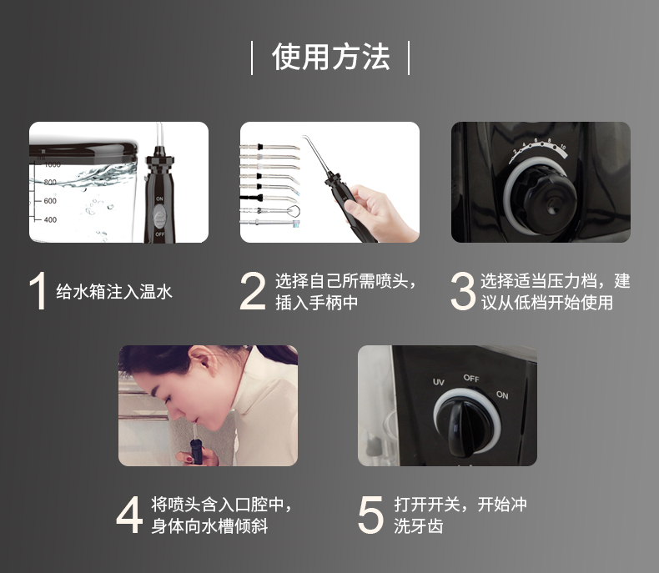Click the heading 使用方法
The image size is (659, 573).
point(331,57)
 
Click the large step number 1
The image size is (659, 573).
point(38,291)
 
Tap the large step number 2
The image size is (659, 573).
point(253,291)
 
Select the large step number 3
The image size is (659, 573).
point(463,291)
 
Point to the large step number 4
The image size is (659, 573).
point(129,515)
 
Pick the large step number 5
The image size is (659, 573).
point(370,515)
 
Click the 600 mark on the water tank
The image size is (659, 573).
point(50,201)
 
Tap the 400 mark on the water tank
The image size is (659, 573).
point(50,219)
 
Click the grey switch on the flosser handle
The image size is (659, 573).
point(159,216)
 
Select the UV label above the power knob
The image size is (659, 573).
point(438,382)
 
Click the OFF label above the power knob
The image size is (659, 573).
point(471,378)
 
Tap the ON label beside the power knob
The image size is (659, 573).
point(502,395)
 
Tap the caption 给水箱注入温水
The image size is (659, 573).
point(114,292)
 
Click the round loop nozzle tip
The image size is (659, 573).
point(294,210)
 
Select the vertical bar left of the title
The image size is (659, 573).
point(252,58)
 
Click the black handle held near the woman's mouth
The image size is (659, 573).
point(196,450)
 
